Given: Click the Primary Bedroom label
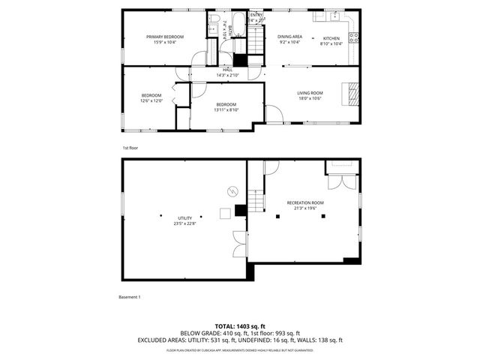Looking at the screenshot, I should coord(165,37).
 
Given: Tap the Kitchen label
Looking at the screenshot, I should coord(331,37).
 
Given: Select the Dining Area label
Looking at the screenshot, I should coord(289,37).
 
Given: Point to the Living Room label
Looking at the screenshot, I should coord(310,92).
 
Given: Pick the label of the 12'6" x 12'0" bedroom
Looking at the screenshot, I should coord(151,95).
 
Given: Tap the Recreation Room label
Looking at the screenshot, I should coord(305,202).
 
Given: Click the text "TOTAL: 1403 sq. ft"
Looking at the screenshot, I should coord(240,326).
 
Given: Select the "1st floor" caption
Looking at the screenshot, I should coord(130,148).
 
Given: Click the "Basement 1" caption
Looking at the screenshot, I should coord(130,297).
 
